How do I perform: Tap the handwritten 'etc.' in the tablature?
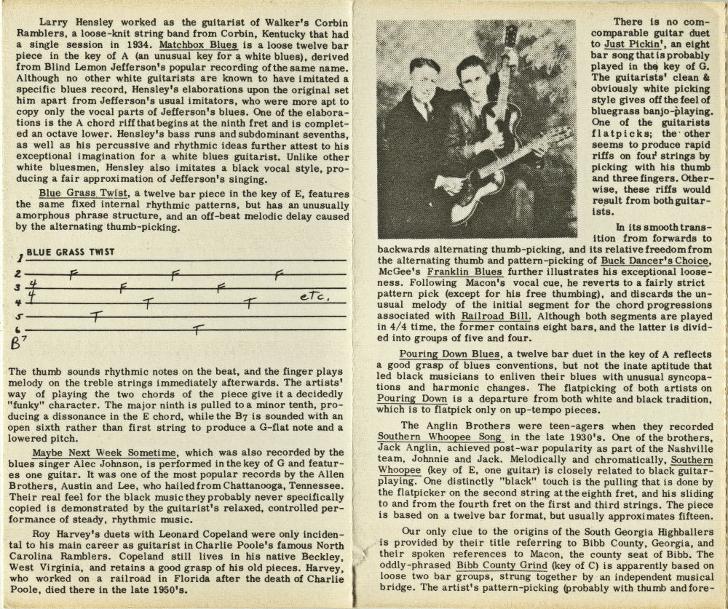click(x=314, y=298)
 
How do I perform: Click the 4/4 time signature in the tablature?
click(x=31, y=289)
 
